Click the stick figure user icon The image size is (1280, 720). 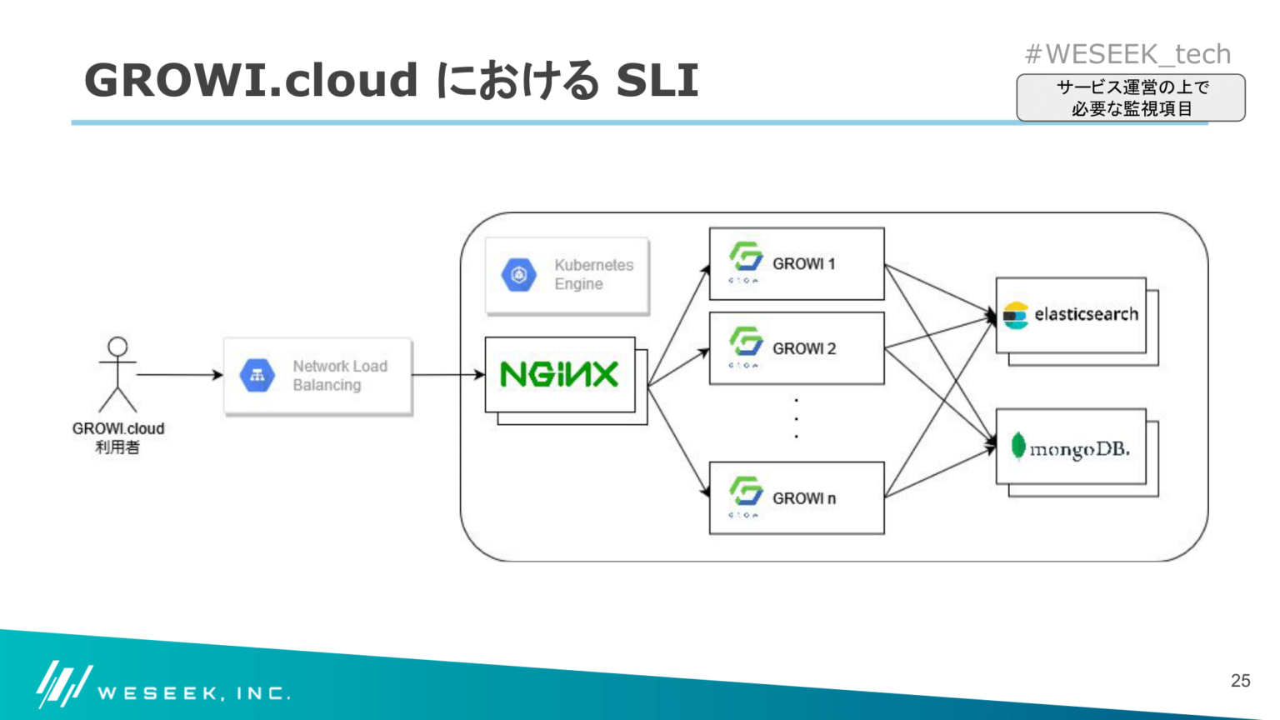(117, 374)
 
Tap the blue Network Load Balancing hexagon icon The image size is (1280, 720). (257, 375)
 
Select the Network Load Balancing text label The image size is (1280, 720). (339, 375)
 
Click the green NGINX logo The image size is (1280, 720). (559, 374)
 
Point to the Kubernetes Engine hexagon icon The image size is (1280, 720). (518, 274)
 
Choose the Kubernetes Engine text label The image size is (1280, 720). (593, 274)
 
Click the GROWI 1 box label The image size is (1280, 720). (803, 264)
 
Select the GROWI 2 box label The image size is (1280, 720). (803, 348)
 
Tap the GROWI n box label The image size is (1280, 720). (803, 498)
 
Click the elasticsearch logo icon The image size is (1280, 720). (1015, 315)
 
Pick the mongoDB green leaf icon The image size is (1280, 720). (1017, 447)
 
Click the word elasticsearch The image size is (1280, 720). (1086, 315)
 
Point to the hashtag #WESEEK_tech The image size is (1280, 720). (1127, 54)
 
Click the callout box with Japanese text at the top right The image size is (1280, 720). (1130, 97)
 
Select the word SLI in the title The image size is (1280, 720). (657, 80)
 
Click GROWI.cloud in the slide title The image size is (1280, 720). (251, 80)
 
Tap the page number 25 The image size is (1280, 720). (1240, 680)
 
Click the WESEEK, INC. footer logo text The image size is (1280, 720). (193, 692)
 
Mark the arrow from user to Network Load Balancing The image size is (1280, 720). (178, 375)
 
